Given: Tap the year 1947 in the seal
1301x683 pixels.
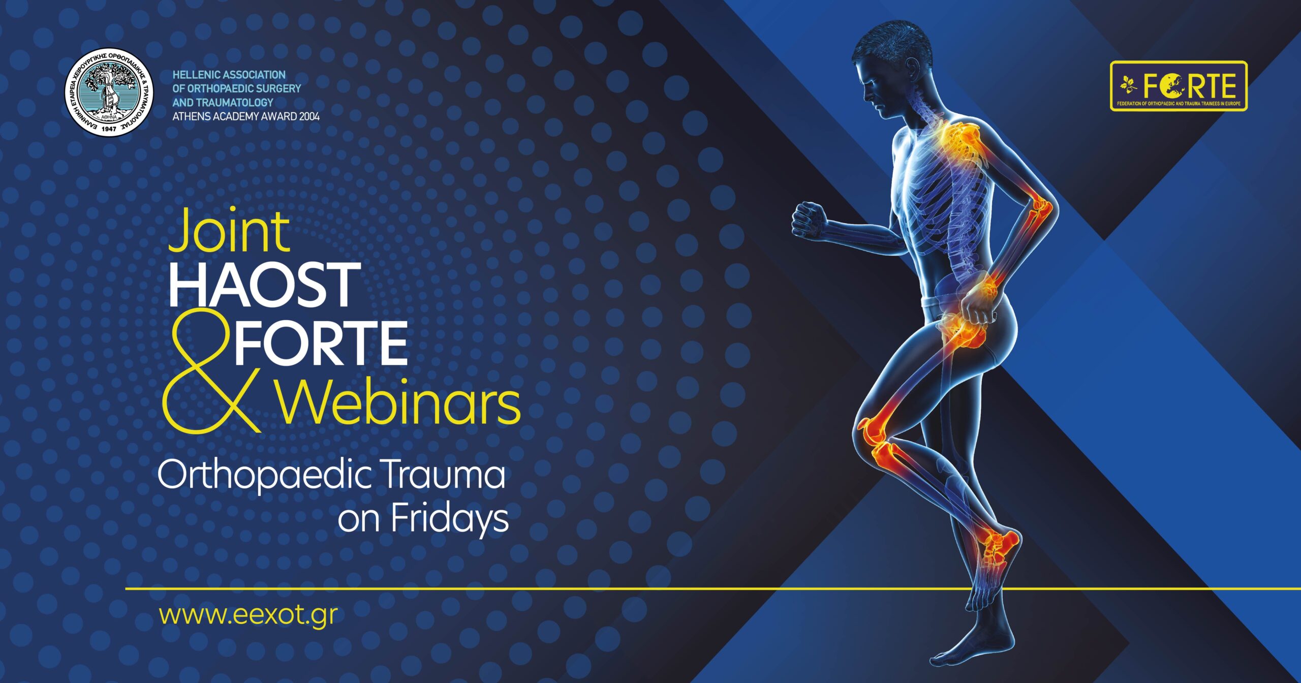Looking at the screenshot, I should coord(109,129).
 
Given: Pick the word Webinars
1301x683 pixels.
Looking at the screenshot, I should coord(399,401).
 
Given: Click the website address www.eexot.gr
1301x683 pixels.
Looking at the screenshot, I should coord(248,615).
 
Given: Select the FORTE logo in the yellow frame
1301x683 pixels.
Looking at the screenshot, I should coord(1179,86).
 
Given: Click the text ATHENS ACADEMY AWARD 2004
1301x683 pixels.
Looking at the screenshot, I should coord(246,116).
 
